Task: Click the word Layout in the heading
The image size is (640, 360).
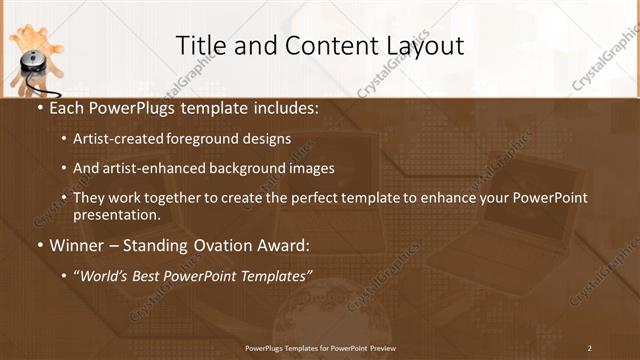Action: pos(424,46)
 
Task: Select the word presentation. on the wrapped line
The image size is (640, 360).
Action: pos(117,215)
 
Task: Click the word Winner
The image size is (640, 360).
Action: pos(77,246)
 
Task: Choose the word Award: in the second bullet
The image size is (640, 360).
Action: pos(281,246)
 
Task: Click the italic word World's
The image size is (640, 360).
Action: pos(102,276)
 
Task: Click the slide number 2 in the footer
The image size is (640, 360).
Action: pos(589,348)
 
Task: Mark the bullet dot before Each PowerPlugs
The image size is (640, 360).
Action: pos(38,108)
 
